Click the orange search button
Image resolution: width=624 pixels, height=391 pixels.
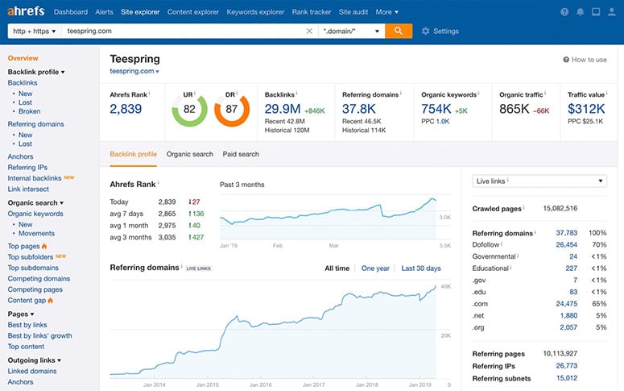398,31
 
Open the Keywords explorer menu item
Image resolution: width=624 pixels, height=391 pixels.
255,12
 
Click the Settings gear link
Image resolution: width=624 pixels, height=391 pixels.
440,31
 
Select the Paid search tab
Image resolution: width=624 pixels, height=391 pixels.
241,154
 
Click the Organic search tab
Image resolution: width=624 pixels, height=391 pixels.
189,154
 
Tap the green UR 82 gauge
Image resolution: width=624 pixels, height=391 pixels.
189,109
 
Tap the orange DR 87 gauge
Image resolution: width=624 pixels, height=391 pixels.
232,109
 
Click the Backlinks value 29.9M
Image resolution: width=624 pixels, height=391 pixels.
283,109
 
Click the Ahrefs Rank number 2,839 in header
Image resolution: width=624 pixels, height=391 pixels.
126,109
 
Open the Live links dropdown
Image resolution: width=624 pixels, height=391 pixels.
539,181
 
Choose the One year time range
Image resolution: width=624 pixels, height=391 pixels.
375,268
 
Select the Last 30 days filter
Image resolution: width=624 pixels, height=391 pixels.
420,268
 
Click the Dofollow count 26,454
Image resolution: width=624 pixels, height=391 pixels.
566,244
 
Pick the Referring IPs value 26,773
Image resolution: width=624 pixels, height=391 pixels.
566,365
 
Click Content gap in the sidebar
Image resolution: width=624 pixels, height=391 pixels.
27,300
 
